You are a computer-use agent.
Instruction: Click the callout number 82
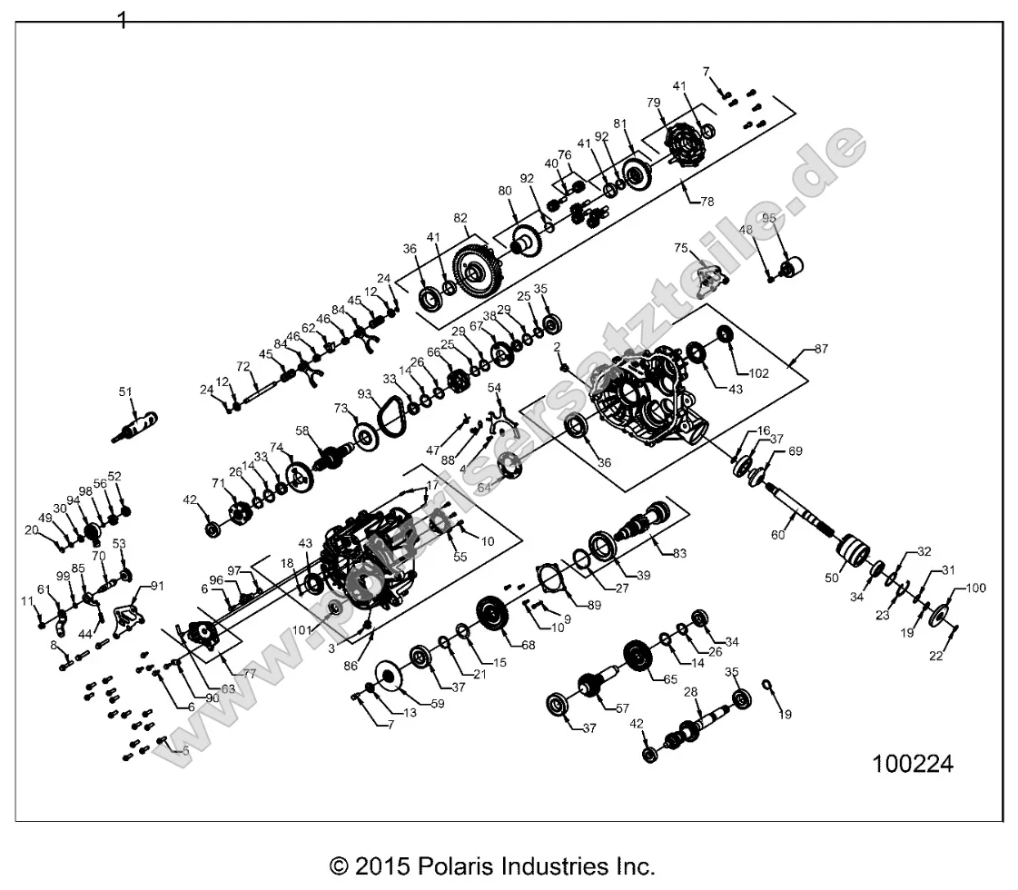[x=460, y=218]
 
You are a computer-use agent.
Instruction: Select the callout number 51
[x=125, y=391]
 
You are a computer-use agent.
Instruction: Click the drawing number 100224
[x=913, y=764]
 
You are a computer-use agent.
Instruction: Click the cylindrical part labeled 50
[x=852, y=551]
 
